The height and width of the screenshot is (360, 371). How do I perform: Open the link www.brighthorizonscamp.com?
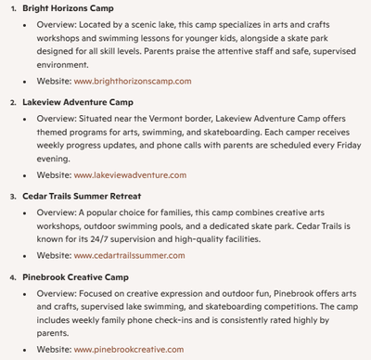click(133, 81)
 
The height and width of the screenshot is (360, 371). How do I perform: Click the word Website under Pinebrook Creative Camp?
click(53, 350)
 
